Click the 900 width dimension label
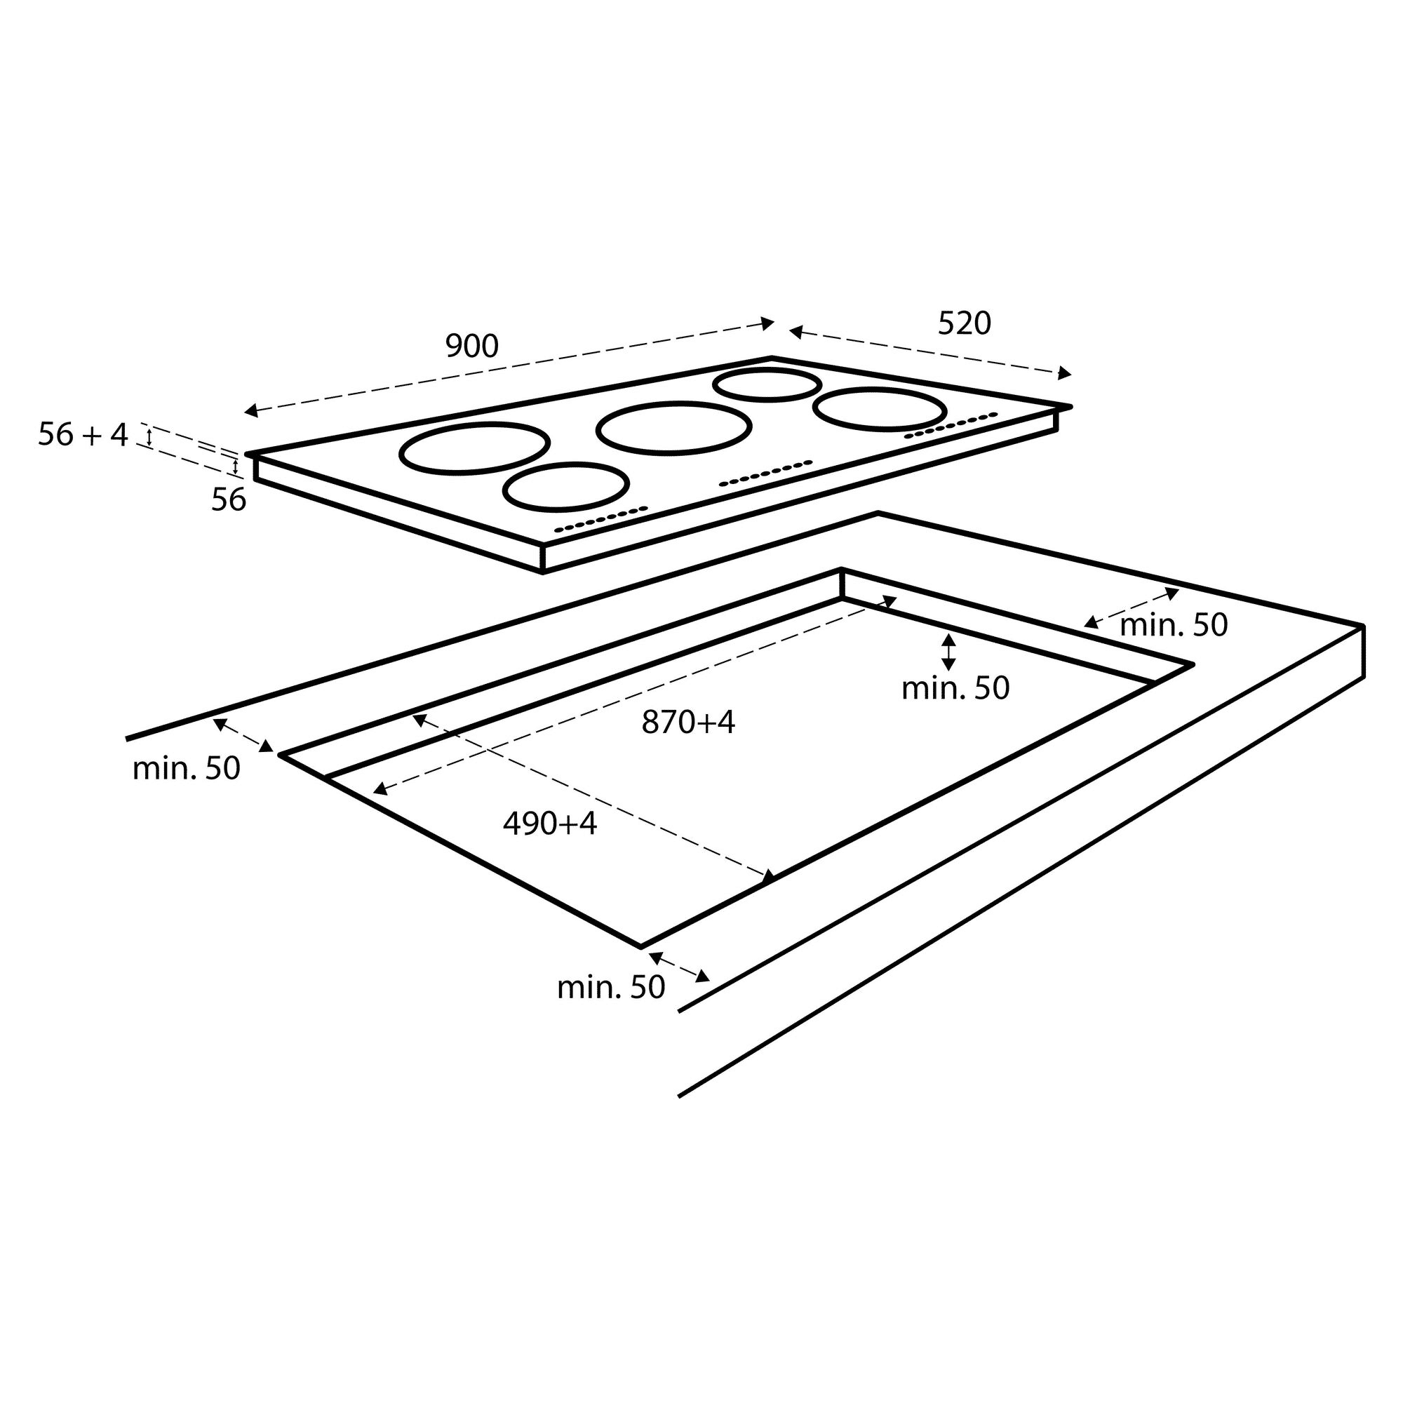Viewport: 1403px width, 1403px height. point(472,347)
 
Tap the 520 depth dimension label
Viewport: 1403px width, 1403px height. point(964,323)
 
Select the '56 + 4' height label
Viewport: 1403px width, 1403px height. point(83,435)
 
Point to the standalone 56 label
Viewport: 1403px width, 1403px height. point(229,499)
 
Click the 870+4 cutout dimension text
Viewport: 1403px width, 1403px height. point(687,722)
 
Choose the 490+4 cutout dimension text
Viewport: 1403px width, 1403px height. point(550,824)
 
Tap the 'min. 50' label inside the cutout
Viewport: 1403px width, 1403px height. point(955,687)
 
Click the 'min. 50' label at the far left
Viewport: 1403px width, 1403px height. point(186,768)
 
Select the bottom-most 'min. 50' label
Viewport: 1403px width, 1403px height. point(611,988)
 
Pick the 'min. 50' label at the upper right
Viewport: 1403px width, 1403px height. point(1174,624)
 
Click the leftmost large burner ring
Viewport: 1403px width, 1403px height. point(474,448)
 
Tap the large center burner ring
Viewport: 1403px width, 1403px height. point(673,429)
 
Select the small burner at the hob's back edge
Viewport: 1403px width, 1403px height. point(767,385)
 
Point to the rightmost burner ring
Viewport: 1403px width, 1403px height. point(880,409)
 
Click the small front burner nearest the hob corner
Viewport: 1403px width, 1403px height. point(565,487)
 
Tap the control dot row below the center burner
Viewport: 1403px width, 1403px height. point(765,473)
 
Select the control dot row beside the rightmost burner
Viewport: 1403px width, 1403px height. point(951,425)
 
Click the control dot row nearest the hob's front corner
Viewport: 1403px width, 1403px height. point(600,518)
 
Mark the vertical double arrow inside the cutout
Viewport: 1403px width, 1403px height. point(948,652)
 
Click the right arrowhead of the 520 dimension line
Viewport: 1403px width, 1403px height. point(1065,373)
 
